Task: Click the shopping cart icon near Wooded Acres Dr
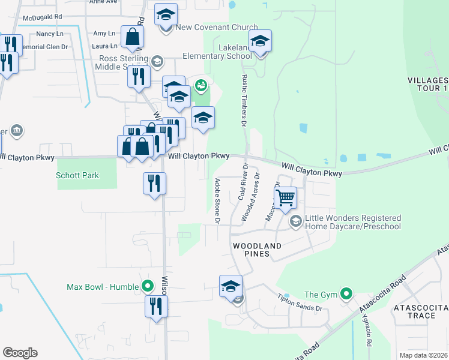point(285,197)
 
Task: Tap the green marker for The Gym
point(346,294)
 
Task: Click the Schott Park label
point(77,176)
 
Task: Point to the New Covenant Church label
point(217,28)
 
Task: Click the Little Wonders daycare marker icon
point(295,221)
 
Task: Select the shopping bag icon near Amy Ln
point(131,38)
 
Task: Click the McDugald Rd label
point(42,17)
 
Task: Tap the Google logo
point(20,352)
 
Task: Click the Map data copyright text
point(423,355)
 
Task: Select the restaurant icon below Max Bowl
point(156,306)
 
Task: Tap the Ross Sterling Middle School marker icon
point(157,60)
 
